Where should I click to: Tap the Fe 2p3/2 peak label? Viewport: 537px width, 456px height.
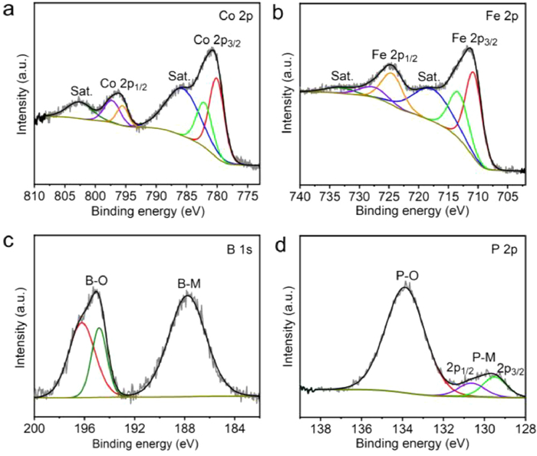click(474, 39)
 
